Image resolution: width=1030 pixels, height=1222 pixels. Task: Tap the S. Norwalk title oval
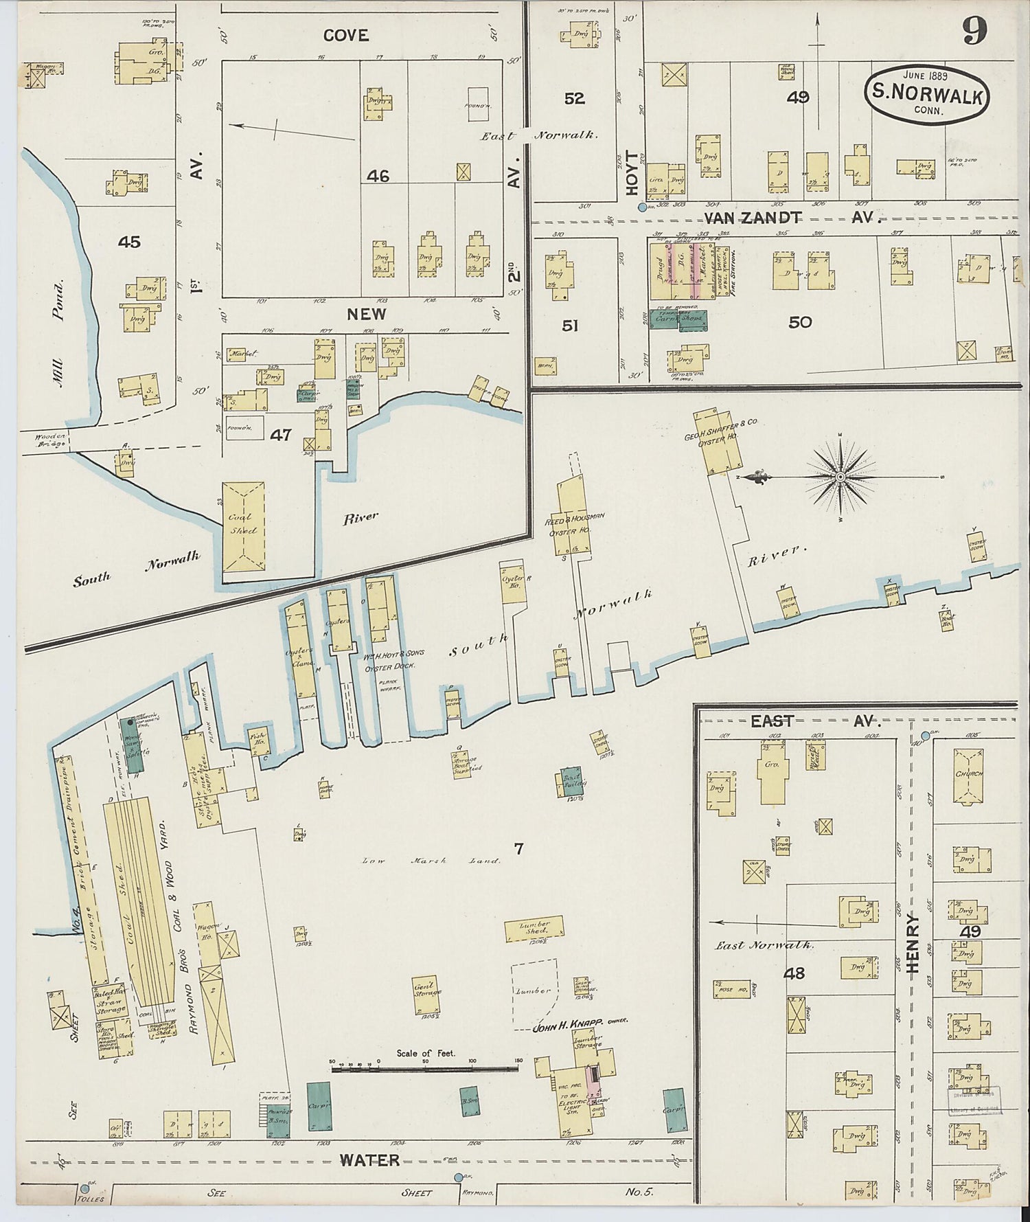coord(928,95)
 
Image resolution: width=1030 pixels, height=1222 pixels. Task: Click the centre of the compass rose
coord(840,476)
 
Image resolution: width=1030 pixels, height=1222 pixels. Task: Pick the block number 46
coord(378,177)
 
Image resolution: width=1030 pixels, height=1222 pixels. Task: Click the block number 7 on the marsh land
coord(519,849)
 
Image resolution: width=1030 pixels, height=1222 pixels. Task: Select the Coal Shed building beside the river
coord(243,526)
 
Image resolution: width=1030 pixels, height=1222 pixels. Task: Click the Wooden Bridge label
coord(43,439)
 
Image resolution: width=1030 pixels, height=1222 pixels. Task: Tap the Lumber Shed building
coord(535,929)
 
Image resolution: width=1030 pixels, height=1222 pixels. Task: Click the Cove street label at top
coord(346,35)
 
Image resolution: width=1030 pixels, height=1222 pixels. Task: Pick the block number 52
coord(574,98)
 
